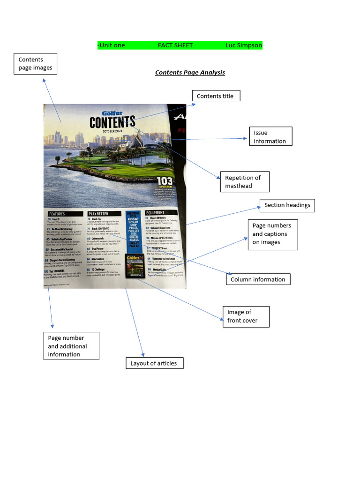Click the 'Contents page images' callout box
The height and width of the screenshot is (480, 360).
click(x=35, y=64)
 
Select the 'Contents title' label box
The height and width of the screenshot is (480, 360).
click(x=216, y=96)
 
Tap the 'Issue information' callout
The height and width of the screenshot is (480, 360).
click(x=270, y=137)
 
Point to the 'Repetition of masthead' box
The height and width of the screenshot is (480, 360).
click(x=244, y=182)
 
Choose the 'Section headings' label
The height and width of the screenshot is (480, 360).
click(x=287, y=205)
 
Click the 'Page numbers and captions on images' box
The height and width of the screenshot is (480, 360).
click(x=271, y=234)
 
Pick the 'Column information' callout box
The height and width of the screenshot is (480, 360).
click(x=258, y=279)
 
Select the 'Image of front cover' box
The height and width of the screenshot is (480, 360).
click(x=245, y=316)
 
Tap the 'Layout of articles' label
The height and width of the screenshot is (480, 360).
click(x=154, y=363)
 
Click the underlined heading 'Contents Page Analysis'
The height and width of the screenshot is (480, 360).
click(x=190, y=73)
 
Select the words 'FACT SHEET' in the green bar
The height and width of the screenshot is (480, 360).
click(x=175, y=45)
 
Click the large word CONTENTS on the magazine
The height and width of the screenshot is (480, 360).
click(x=112, y=123)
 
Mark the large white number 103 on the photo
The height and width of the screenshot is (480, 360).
click(x=165, y=181)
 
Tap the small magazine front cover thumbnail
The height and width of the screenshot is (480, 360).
click(x=134, y=266)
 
